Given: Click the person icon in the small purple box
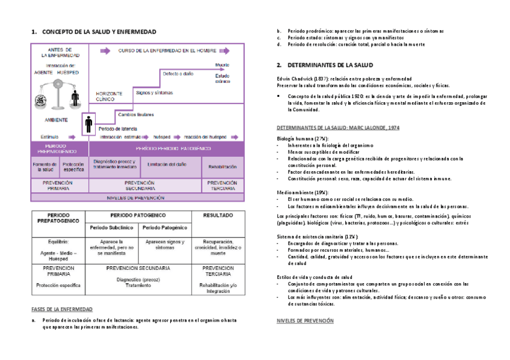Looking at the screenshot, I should [88, 124].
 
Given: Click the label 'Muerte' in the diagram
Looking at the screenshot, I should [221, 65].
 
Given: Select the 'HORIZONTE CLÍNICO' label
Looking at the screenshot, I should [109, 96].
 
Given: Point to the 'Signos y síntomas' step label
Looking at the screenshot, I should [154, 93].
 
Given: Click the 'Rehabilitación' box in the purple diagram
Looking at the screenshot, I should [222, 166].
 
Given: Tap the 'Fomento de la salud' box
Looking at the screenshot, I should [45, 166].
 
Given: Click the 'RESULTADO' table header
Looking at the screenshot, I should [218, 215].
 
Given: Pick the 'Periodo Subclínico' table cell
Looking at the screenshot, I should [111, 228].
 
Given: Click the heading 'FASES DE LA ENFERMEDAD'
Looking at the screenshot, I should [62, 309].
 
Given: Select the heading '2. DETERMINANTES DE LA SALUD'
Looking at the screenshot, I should [325, 64].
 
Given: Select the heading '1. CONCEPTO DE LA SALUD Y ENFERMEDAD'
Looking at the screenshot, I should [93, 31].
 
